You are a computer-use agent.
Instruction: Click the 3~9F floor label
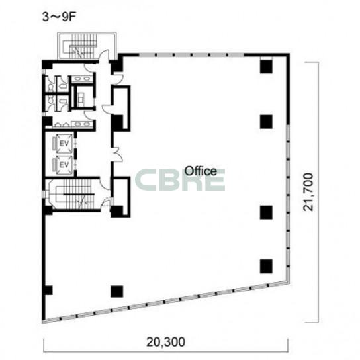(x=59, y=17)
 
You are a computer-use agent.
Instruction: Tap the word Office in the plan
(x=201, y=171)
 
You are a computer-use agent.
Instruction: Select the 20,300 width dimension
(x=165, y=342)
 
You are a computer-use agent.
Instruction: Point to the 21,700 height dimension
(x=308, y=192)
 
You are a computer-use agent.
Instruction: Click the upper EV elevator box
(x=64, y=143)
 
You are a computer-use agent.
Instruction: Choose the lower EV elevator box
(x=64, y=165)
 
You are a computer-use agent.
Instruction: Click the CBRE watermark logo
(x=180, y=180)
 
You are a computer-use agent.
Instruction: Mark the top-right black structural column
(x=266, y=66)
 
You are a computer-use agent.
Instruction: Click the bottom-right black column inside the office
(x=266, y=266)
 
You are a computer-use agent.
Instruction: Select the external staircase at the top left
(x=86, y=46)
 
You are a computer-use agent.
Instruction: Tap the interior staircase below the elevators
(x=75, y=194)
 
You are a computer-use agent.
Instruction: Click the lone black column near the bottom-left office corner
(x=117, y=291)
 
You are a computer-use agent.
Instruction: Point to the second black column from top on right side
(x=266, y=122)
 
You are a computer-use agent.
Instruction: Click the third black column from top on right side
(x=266, y=212)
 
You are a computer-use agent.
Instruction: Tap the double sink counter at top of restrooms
(x=82, y=79)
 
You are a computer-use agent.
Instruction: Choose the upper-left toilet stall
(x=50, y=85)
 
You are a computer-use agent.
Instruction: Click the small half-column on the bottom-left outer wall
(x=48, y=291)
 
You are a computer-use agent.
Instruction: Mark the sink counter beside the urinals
(x=82, y=124)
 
